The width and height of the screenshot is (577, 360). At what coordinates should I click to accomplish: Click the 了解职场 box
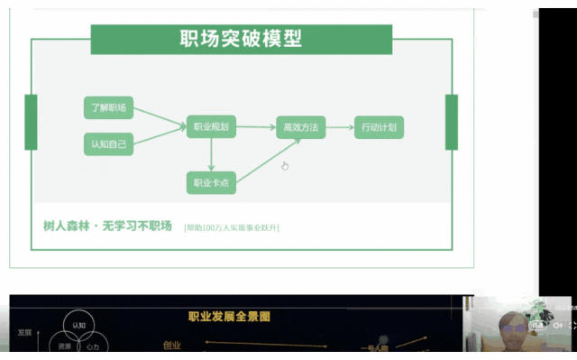(108, 108)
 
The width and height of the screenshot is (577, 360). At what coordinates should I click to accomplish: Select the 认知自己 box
(108, 143)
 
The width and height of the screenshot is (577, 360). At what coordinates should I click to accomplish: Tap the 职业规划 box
(211, 127)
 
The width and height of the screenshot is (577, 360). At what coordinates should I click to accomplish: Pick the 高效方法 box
(300, 127)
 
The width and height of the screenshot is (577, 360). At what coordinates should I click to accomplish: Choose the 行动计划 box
(378, 127)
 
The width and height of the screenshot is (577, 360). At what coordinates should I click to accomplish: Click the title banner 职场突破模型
(241, 40)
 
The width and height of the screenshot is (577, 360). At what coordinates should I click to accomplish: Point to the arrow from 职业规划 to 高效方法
(256, 127)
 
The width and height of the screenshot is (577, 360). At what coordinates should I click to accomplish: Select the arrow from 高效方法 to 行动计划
(339, 127)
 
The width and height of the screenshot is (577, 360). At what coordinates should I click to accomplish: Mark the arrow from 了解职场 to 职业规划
(160, 117)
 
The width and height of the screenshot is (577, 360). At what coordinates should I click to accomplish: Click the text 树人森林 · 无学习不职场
(107, 226)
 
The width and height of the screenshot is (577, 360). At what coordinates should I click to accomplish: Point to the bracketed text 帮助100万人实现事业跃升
(231, 227)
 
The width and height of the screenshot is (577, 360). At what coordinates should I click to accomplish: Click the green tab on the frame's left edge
(31, 122)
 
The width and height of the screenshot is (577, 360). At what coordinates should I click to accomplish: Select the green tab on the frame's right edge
(452, 122)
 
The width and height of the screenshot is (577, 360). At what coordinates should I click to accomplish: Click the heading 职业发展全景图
(228, 317)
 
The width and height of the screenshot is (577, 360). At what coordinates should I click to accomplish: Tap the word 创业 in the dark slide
(171, 344)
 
